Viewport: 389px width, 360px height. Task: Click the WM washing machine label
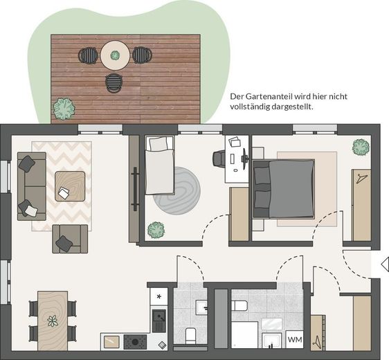point(294,339)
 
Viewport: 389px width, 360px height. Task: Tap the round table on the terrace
point(115,55)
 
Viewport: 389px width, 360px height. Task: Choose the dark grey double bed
point(283,188)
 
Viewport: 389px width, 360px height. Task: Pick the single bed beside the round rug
point(159,165)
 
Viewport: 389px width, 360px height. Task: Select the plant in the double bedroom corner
point(360,146)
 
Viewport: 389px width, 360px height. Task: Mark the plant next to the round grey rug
point(156,228)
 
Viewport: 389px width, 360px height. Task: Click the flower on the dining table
point(53,321)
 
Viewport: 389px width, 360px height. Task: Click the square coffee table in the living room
point(70,186)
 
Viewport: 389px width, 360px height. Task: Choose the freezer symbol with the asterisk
point(159,296)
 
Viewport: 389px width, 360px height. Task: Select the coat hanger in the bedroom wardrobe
point(361,179)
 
